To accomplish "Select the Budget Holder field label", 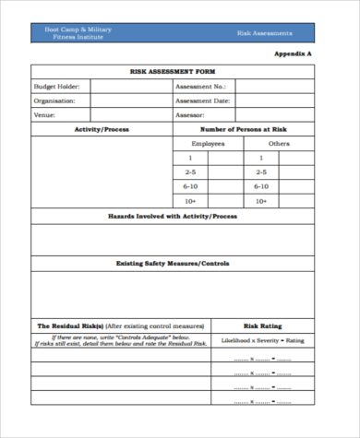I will pyautogui.click(x=57, y=86).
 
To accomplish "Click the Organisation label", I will pyautogui.click(x=54, y=101).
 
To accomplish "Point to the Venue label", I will pyautogui.click(x=45, y=115).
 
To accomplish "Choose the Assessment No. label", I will pyautogui.click(x=200, y=86).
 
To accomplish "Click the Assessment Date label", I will pyautogui.click(x=202, y=101).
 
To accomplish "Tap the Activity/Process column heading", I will pyautogui.click(x=102, y=129).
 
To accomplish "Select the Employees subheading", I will pyautogui.click(x=208, y=144).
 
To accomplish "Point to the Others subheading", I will pyautogui.click(x=279, y=144).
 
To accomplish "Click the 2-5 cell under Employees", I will pyautogui.click(x=190, y=172).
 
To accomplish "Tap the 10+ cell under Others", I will pyautogui.click(x=262, y=200).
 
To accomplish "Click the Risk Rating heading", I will pyautogui.click(x=262, y=326).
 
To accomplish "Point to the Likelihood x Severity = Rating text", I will pyautogui.click(x=262, y=340).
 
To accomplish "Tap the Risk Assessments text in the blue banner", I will pyautogui.click(x=265, y=32).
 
